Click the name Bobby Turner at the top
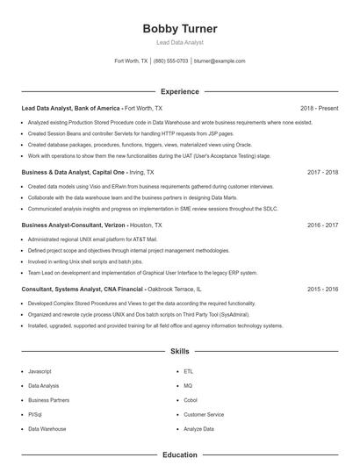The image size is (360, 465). coord(179,29)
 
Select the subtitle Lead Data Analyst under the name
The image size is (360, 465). coord(179,42)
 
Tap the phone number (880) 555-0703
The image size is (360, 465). coord(170,61)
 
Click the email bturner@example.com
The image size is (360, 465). coord(220,61)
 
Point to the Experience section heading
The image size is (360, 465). coord(179,91)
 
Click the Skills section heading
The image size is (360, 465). coord(179,351)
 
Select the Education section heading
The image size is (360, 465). coord(179,454)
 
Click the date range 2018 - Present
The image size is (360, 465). coord(319,108)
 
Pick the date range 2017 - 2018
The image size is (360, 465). coord(320,173)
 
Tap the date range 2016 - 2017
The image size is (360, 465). coord(320,225)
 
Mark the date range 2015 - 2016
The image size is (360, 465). coord(320,288)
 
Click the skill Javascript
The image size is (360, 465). coord(40,371)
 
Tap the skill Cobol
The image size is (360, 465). coord(191,400)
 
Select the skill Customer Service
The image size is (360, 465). coord(204,414)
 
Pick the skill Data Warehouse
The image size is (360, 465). coord(47,429)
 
